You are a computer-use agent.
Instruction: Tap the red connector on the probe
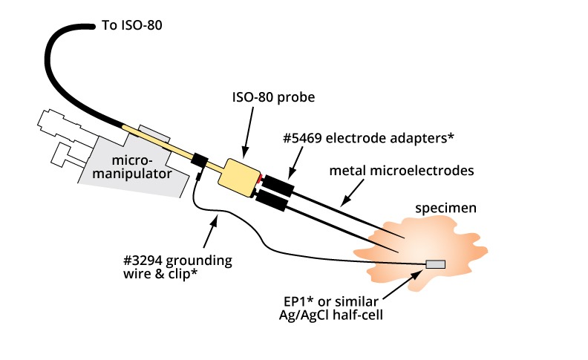pos(258,180)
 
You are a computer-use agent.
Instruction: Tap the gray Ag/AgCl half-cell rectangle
pos(435,264)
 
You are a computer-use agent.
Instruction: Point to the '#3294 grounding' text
pos(177,261)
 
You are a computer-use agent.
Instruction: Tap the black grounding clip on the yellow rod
pos(198,160)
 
